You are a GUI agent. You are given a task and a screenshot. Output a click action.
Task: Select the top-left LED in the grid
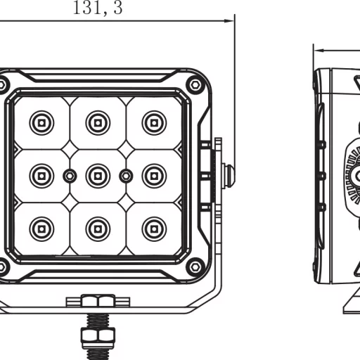click(x=41, y=123)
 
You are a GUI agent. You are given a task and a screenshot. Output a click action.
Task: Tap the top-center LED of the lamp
click(x=98, y=123)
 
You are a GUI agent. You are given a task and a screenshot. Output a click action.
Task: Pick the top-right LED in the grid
click(x=154, y=123)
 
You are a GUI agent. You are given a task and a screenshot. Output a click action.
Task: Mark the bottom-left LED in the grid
click(x=41, y=228)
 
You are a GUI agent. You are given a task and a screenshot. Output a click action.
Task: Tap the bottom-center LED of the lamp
click(x=98, y=228)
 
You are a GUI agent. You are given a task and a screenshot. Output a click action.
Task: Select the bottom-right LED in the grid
click(x=154, y=228)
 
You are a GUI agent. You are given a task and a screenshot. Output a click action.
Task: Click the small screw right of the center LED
click(x=126, y=175)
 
